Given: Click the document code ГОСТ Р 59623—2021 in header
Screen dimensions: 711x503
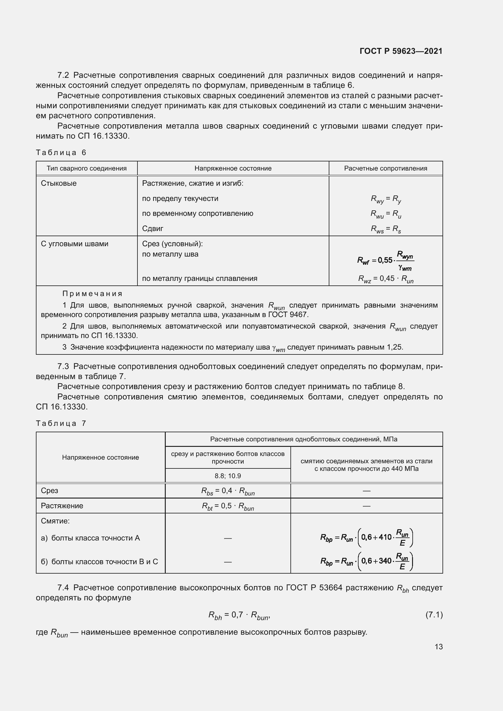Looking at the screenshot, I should (x=401, y=51).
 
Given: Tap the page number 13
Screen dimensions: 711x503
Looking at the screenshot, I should (x=438, y=647).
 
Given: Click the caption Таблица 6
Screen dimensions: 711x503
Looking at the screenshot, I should (x=61, y=152).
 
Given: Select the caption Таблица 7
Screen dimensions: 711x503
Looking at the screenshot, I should (x=61, y=423).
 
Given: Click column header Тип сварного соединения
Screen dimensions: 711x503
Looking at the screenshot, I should (x=86, y=168).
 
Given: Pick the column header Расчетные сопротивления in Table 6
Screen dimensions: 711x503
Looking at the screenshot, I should (x=385, y=168).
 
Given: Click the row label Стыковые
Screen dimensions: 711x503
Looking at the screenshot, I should (x=58, y=183).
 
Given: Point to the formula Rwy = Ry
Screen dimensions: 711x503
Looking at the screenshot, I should (x=386, y=199).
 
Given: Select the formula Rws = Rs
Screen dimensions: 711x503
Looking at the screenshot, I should (x=386, y=229).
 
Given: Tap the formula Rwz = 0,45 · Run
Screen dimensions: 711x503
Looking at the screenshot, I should (x=386, y=279).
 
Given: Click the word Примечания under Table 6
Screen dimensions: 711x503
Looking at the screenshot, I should (x=92, y=294).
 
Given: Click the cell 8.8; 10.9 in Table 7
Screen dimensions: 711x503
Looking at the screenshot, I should (x=228, y=476).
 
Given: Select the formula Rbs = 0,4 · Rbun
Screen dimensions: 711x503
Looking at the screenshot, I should (x=228, y=491).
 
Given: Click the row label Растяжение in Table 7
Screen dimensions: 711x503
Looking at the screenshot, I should (x=62, y=506).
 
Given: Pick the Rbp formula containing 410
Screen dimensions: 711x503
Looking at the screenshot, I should (x=366, y=538).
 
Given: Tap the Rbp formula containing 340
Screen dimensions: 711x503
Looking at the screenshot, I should (x=366, y=561).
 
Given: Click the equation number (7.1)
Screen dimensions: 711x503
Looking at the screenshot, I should (x=434, y=615).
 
